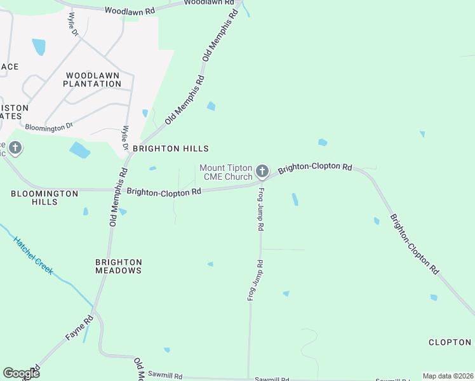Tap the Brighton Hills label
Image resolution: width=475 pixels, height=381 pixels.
[x=170, y=149]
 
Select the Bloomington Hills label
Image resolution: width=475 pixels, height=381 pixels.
[x=44, y=197]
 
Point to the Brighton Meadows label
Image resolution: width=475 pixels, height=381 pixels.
[x=119, y=266]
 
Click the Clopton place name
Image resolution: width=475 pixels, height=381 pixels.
[x=450, y=342]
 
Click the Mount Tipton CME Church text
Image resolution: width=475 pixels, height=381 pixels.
[x=226, y=172]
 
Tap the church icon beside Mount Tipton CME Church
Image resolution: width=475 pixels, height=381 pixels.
[x=262, y=171]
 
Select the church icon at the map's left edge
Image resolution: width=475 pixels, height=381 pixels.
[x=15, y=149]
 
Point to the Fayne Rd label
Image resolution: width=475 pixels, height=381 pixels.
[x=79, y=329]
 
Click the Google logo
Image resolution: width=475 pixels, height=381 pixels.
[x=21, y=373]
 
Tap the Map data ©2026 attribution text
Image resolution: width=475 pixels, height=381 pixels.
[x=448, y=376]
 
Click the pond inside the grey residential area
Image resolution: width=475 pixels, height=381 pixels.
[x=39, y=47]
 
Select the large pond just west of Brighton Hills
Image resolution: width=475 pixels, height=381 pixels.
[x=79, y=150]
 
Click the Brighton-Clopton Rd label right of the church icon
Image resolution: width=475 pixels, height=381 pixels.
[x=315, y=168]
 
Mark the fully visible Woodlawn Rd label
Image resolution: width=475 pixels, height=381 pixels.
[x=130, y=11]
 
